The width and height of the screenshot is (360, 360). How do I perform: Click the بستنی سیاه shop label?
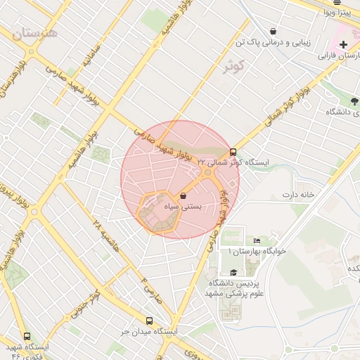click(x=183, y=207)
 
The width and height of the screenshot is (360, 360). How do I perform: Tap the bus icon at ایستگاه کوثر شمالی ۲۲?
click(x=233, y=151)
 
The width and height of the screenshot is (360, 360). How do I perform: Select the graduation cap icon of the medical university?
click(x=233, y=272)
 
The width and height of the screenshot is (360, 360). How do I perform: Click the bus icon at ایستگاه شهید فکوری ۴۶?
click(x=27, y=336)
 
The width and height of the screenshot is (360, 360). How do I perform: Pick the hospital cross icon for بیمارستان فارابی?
click(x=342, y=44)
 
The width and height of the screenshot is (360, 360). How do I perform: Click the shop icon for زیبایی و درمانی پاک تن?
click(x=273, y=31)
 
